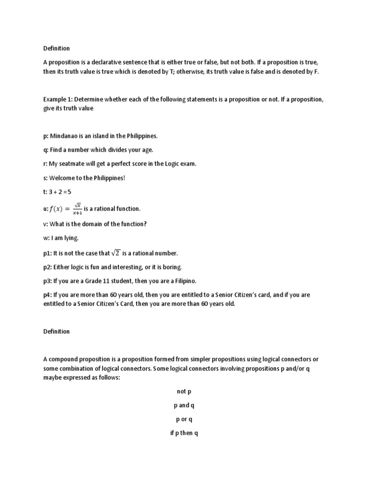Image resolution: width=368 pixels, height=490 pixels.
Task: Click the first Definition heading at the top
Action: pyautogui.click(x=56, y=48)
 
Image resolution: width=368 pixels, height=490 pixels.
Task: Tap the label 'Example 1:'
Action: pyautogui.click(x=57, y=99)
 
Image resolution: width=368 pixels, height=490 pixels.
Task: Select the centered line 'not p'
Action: pyautogui.click(x=184, y=391)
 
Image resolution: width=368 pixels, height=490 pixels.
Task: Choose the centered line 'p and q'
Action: pyautogui.click(x=184, y=405)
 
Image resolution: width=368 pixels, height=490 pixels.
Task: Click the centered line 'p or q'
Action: pyautogui.click(x=184, y=420)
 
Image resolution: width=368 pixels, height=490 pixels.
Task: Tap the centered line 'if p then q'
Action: pyautogui.click(x=184, y=434)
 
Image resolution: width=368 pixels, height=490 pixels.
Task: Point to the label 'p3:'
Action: pyautogui.click(x=47, y=280)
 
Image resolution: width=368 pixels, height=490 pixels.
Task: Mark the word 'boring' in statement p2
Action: pyautogui.click(x=171, y=267)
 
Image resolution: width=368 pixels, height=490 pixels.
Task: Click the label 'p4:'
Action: pyautogui.click(x=47, y=295)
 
